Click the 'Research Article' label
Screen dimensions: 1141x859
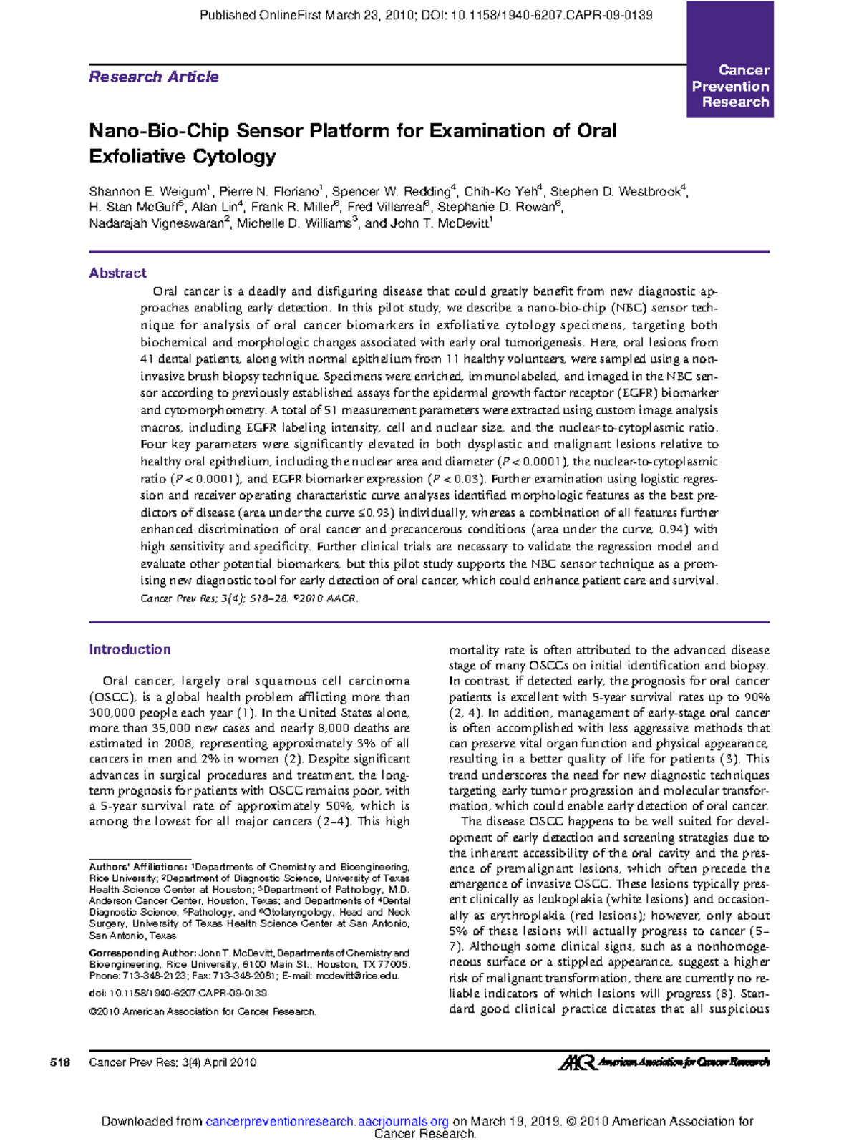153,77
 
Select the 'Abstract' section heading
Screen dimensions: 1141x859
117,273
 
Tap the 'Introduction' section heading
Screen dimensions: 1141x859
130,649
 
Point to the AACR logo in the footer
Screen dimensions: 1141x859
663,1062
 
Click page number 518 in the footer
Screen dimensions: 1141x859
60,1062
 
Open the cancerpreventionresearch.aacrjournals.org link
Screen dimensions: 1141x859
326,1121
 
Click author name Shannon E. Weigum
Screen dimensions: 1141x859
147,192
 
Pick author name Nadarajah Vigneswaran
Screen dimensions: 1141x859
157,223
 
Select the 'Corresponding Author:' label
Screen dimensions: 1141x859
142,953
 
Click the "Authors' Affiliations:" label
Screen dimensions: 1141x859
137,867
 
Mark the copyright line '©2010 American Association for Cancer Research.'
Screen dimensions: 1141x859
203,1011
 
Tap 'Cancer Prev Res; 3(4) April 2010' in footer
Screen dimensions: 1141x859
173,1062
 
